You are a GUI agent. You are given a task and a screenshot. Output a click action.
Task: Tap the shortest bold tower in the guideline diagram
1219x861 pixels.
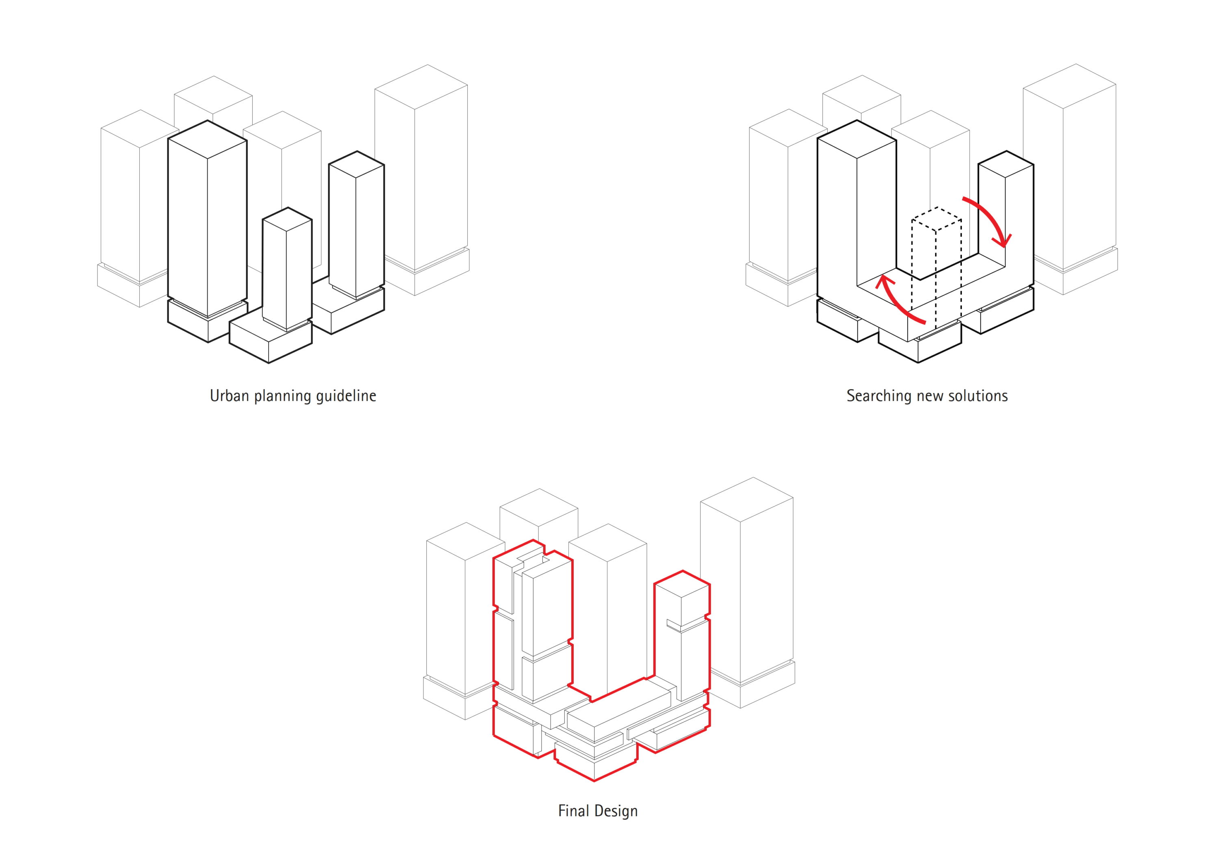point(287,268)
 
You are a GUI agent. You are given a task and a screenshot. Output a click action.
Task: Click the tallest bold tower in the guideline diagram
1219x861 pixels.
point(207,218)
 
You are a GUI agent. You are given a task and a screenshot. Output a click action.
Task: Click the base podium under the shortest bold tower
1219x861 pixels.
point(270,341)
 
